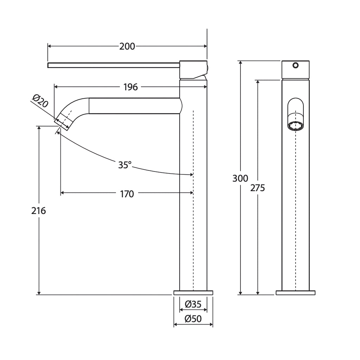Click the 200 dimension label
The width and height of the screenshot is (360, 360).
(x=127, y=46)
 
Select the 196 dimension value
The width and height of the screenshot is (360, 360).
(x=130, y=87)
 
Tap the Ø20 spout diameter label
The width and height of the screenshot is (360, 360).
(x=40, y=101)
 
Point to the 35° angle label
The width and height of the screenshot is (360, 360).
(x=125, y=165)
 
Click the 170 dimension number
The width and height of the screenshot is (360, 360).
(x=127, y=194)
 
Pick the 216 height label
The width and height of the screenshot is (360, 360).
(x=39, y=211)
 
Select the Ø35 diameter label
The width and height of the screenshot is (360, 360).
(x=193, y=304)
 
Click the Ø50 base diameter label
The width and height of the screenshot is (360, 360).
(x=193, y=319)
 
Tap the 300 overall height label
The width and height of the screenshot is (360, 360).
(x=240, y=178)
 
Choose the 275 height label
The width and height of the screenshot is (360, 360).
(x=258, y=188)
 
